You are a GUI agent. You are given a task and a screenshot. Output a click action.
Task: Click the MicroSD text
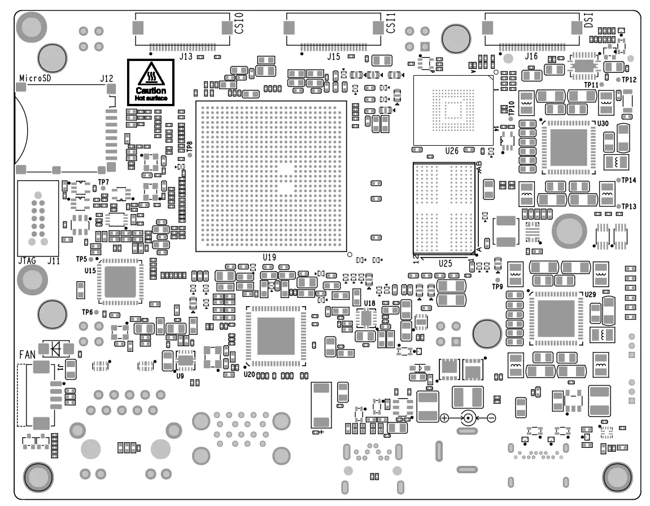36,78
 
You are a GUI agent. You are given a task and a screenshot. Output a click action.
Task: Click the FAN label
28,355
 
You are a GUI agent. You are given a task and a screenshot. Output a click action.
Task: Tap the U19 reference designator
269,258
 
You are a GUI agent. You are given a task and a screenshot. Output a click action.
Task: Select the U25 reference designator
446,264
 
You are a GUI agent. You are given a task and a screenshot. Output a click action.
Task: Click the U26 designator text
451,151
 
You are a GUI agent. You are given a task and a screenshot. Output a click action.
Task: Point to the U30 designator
603,123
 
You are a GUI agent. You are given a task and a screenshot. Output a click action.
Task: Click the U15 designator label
90,271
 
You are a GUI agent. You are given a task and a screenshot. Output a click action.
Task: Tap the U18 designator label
369,303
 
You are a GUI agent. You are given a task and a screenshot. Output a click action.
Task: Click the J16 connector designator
531,56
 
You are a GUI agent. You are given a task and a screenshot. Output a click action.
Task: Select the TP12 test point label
629,80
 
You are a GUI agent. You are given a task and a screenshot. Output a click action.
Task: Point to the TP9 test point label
497,287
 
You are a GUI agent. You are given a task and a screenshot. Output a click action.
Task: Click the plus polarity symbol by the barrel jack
444,418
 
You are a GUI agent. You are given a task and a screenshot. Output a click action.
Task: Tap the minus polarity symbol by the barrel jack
491,418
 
